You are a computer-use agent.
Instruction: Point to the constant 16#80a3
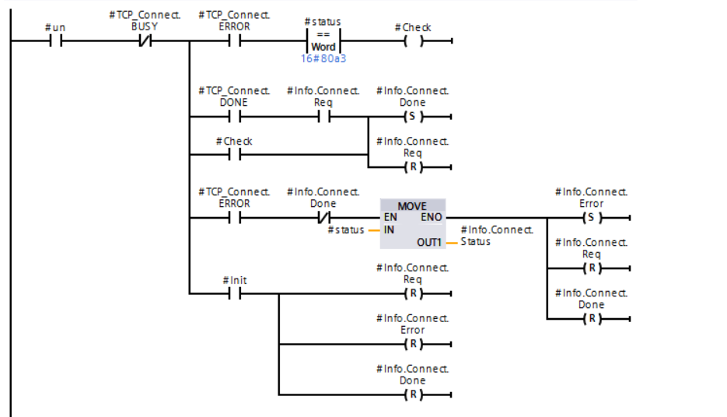(323, 58)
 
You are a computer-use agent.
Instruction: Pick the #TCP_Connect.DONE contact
(234, 117)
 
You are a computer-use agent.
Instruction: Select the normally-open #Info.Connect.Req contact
(323, 117)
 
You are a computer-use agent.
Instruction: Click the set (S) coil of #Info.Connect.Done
(412, 117)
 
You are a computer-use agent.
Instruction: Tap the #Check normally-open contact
(234, 154)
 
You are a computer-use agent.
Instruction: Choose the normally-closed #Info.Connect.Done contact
(323, 218)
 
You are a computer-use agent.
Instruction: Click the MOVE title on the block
(412, 206)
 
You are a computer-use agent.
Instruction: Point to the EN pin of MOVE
(390, 218)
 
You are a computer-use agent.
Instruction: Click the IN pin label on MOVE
(390, 230)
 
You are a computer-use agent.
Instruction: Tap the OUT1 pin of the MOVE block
(428, 243)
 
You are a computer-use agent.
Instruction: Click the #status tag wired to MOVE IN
(346, 230)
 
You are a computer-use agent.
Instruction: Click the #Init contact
(234, 293)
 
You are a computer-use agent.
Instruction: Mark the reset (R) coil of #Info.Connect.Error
(412, 344)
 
